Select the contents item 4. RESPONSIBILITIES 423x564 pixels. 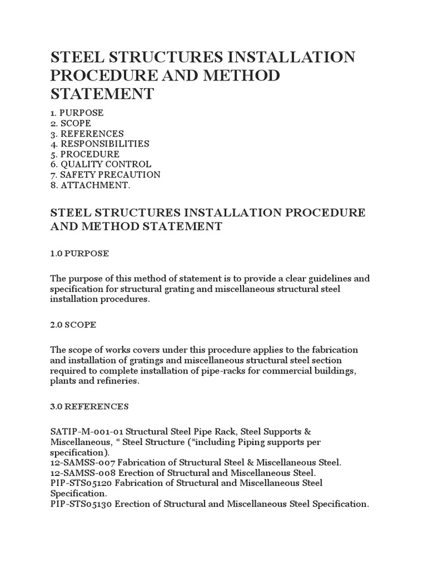[x=100, y=144]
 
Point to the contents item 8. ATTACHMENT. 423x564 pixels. [x=91, y=185]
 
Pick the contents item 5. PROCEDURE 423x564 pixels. [x=85, y=154]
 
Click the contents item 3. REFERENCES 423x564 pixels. [x=87, y=134]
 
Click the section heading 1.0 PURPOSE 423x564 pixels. [x=79, y=253]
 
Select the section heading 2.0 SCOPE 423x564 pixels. [x=73, y=325]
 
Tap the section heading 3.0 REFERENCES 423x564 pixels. [x=89, y=406]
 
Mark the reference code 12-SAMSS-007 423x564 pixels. [x=78, y=463]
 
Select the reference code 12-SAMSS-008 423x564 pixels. [x=78, y=473]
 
